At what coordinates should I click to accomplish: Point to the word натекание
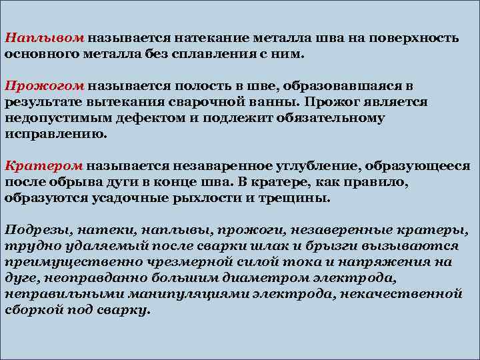[x=216, y=39]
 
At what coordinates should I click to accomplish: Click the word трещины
[x=296, y=197]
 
